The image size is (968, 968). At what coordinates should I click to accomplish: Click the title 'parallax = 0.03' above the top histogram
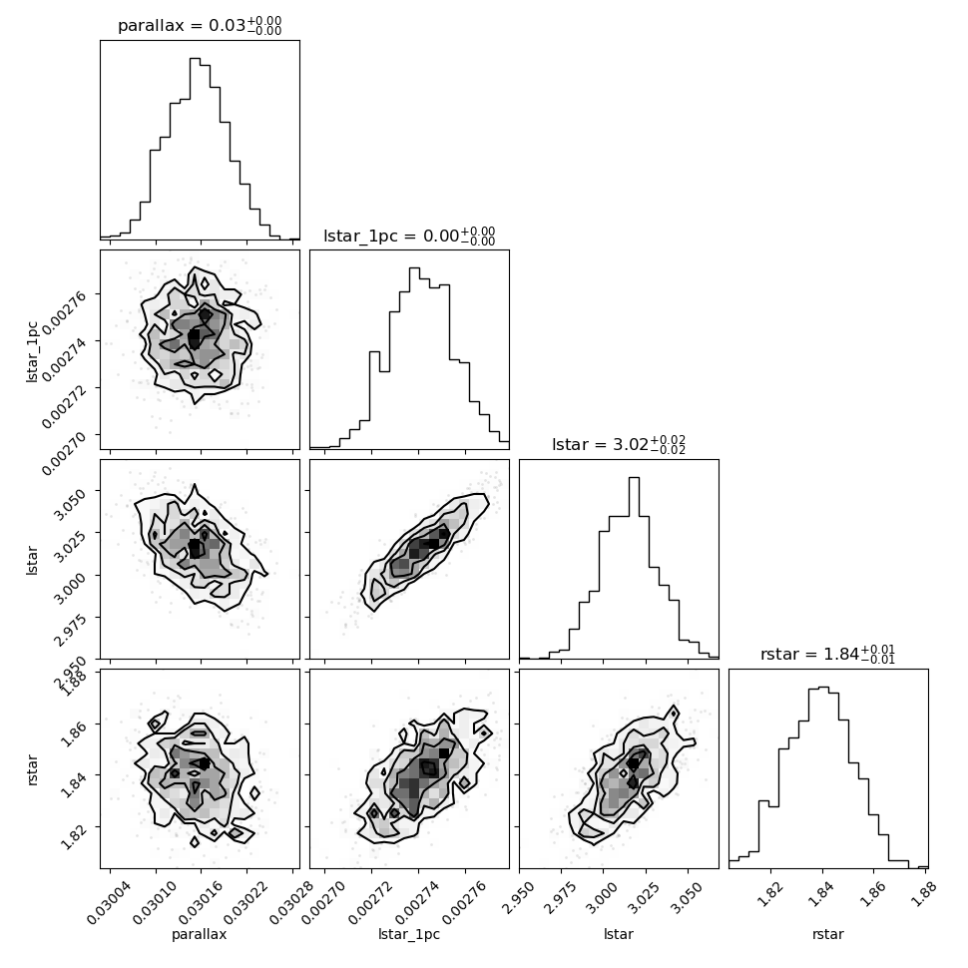(x=200, y=26)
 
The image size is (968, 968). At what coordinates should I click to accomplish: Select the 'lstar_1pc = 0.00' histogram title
(x=409, y=236)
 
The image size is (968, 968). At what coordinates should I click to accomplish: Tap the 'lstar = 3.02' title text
(x=619, y=445)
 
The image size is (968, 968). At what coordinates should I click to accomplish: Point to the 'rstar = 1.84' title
(x=828, y=655)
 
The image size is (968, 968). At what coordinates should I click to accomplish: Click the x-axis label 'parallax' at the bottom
(x=200, y=935)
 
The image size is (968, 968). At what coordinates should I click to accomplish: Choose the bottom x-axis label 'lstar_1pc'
(x=409, y=935)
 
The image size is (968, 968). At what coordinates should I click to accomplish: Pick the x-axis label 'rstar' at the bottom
(x=828, y=935)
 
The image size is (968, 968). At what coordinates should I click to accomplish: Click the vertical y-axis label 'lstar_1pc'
(x=32, y=349)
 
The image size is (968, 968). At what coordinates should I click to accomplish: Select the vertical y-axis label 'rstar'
(x=32, y=768)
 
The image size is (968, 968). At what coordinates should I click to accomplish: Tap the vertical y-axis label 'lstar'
(x=32, y=559)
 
